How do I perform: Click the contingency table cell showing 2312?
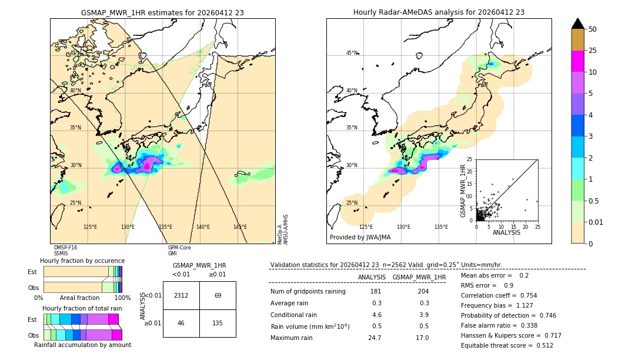[181, 295]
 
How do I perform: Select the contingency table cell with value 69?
[218, 295]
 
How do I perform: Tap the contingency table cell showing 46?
[181, 323]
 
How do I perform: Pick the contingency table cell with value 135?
[218, 323]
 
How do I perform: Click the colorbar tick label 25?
[593, 51]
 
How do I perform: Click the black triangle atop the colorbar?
[578, 24]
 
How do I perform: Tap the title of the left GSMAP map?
[162, 12]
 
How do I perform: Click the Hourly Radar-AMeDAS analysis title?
[439, 12]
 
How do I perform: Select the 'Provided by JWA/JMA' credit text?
[360, 238]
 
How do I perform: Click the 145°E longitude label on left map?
[240, 227]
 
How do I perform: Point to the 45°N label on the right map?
[352, 53]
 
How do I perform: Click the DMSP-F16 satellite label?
[65, 248]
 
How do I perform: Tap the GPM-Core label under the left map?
[179, 248]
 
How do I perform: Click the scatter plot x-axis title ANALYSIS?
[506, 232]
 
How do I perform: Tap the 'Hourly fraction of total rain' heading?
[82, 308]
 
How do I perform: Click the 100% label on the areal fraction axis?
[122, 298]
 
